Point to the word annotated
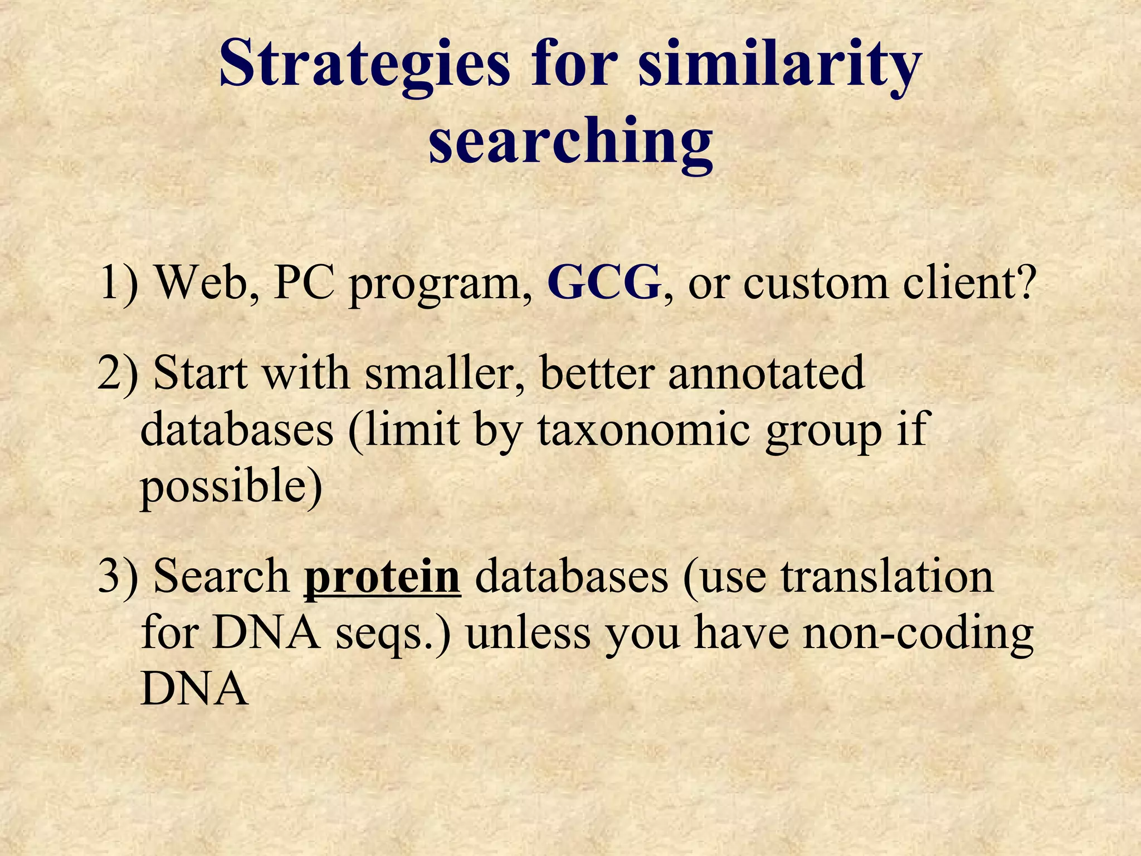click(766, 372)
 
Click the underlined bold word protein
click(382, 576)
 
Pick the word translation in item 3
click(887, 576)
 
